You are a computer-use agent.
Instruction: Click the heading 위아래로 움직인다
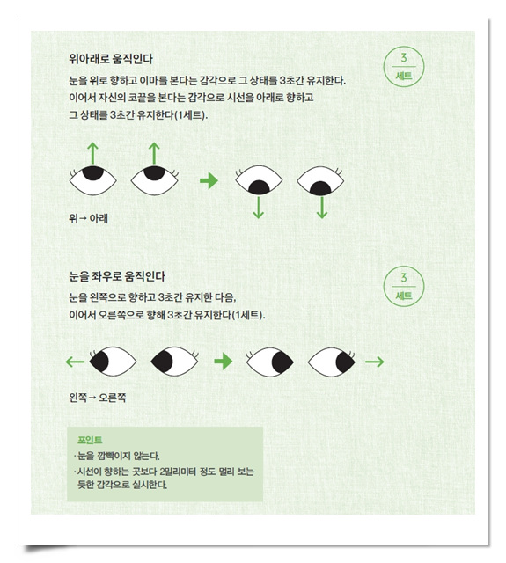[x=111, y=59]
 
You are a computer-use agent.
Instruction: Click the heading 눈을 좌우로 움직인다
[x=117, y=276]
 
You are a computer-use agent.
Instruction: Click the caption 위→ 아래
[x=88, y=218]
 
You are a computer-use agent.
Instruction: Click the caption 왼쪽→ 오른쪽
[x=98, y=398]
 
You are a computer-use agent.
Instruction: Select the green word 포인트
[x=90, y=440]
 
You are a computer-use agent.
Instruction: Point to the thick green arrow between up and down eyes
[x=209, y=180]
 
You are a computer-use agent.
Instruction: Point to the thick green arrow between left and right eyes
[x=224, y=362]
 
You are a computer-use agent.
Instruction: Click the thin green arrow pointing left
[x=75, y=362]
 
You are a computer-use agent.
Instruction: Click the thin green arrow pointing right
[x=375, y=362]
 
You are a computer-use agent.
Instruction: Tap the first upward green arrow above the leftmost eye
[x=93, y=153]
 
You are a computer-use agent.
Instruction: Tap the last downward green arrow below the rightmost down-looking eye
[x=322, y=208]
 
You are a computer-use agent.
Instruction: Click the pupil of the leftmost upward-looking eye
[x=93, y=172]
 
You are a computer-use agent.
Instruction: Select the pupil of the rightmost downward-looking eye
[x=320, y=188]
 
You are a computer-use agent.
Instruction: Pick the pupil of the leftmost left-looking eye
[x=99, y=362]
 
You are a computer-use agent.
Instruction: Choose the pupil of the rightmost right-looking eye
[x=346, y=362]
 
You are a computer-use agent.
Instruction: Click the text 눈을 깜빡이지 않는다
[x=119, y=456]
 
